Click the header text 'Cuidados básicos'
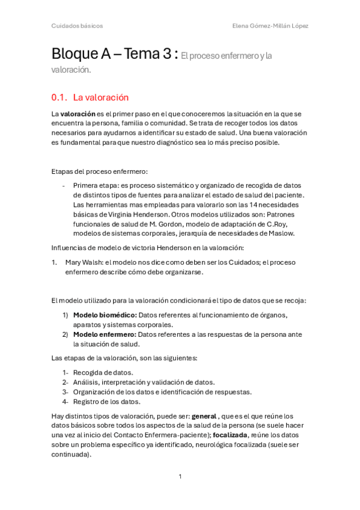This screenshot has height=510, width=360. pyautogui.click(x=77, y=26)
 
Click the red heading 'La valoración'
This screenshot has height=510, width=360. pyautogui.click(x=100, y=97)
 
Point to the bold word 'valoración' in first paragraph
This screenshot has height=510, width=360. pyautogui.click(x=78, y=114)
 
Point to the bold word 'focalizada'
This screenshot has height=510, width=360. pyautogui.click(x=230, y=435)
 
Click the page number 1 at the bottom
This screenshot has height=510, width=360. pyautogui.click(x=180, y=477)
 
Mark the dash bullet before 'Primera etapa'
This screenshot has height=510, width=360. pyautogui.click(x=64, y=185)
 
